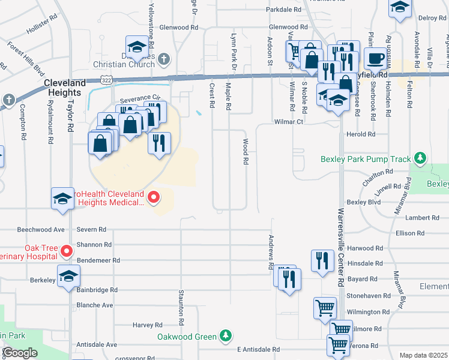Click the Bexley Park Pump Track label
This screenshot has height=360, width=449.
366,159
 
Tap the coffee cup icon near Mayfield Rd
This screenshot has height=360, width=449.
376,59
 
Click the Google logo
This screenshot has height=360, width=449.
19,353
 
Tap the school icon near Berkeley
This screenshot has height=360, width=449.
68,275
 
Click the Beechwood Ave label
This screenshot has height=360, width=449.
41,229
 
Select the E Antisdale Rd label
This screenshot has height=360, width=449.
258,349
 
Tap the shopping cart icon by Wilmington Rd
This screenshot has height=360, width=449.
325,308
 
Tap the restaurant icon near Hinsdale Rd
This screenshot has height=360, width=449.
322,260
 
